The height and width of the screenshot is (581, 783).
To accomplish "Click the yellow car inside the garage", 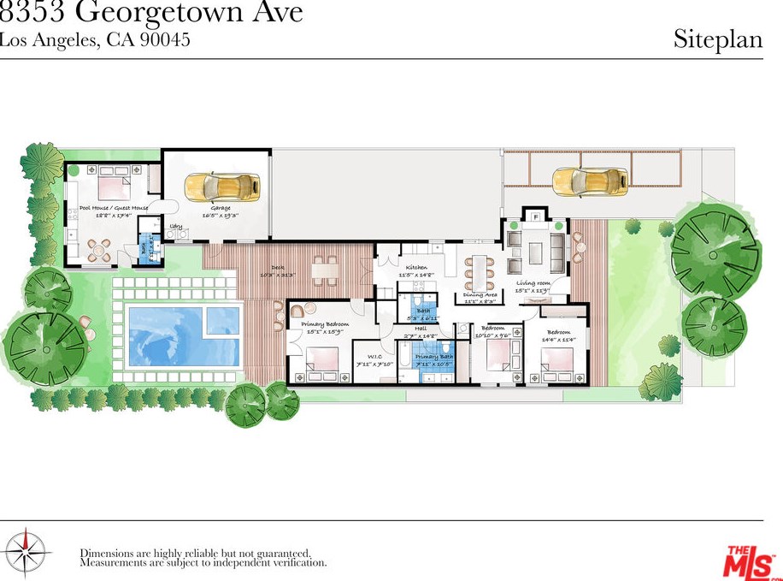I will click(x=222, y=185).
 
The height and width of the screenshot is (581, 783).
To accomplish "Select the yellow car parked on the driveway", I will click(x=590, y=179).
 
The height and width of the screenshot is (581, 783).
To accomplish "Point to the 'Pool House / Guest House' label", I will click(x=114, y=208).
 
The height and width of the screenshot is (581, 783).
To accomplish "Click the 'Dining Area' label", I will click(x=480, y=295).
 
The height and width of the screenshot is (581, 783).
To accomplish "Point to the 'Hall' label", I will click(x=421, y=328).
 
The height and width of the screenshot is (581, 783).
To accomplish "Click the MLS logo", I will click(x=751, y=560).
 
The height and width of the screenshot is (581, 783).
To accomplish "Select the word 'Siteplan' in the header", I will click(x=717, y=39).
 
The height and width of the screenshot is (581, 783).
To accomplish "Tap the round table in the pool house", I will click(x=100, y=251).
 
